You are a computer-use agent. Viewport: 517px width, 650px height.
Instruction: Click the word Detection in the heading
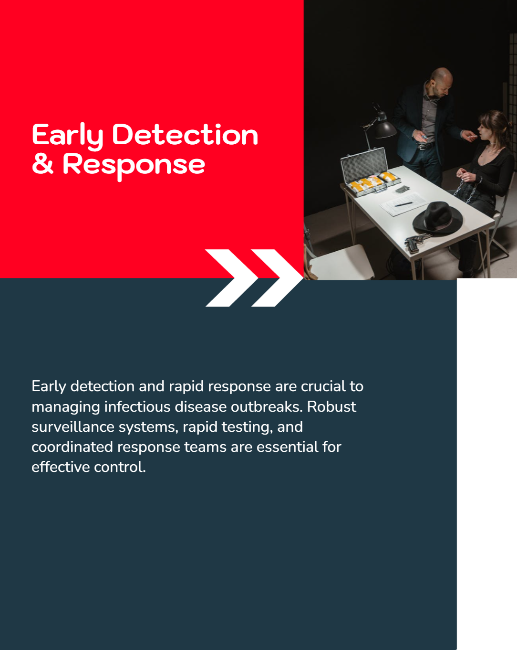(x=185, y=135)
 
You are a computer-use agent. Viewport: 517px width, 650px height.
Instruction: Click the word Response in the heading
(x=134, y=166)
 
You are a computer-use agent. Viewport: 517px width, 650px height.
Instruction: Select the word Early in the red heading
(x=68, y=137)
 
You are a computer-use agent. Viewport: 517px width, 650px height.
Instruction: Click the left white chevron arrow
(x=232, y=278)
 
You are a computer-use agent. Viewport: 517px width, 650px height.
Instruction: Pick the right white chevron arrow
(x=278, y=278)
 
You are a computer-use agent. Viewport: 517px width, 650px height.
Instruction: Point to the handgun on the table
(x=416, y=241)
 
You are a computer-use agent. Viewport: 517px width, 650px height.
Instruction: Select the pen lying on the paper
(x=403, y=204)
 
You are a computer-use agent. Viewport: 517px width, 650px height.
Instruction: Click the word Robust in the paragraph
(x=331, y=406)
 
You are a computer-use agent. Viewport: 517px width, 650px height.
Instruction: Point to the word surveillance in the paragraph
(x=73, y=427)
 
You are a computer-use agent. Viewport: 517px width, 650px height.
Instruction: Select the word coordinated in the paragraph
(x=72, y=447)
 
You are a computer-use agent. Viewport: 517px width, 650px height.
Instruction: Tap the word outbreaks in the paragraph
(x=267, y=406)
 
